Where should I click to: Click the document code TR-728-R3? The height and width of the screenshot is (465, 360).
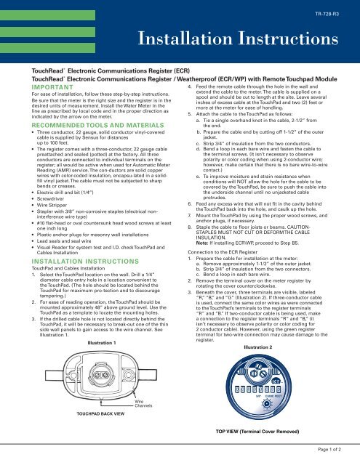coord(335,14)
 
